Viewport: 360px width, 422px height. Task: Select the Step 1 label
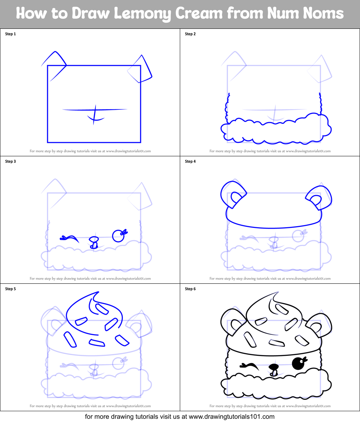click(x=10, y=34)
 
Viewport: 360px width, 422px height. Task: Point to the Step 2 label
click(x=190, y=34)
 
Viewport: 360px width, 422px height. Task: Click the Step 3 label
click(x=10, y=162)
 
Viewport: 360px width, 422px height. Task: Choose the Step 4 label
click(x=190, y=162)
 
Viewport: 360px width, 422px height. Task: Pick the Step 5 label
click(x=10, y=289)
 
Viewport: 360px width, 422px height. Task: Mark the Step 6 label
click(x=190, y=289)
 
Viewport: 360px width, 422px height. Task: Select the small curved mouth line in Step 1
click(x=95, y=118)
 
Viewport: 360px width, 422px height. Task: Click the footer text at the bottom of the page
click(x=180, y=417)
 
